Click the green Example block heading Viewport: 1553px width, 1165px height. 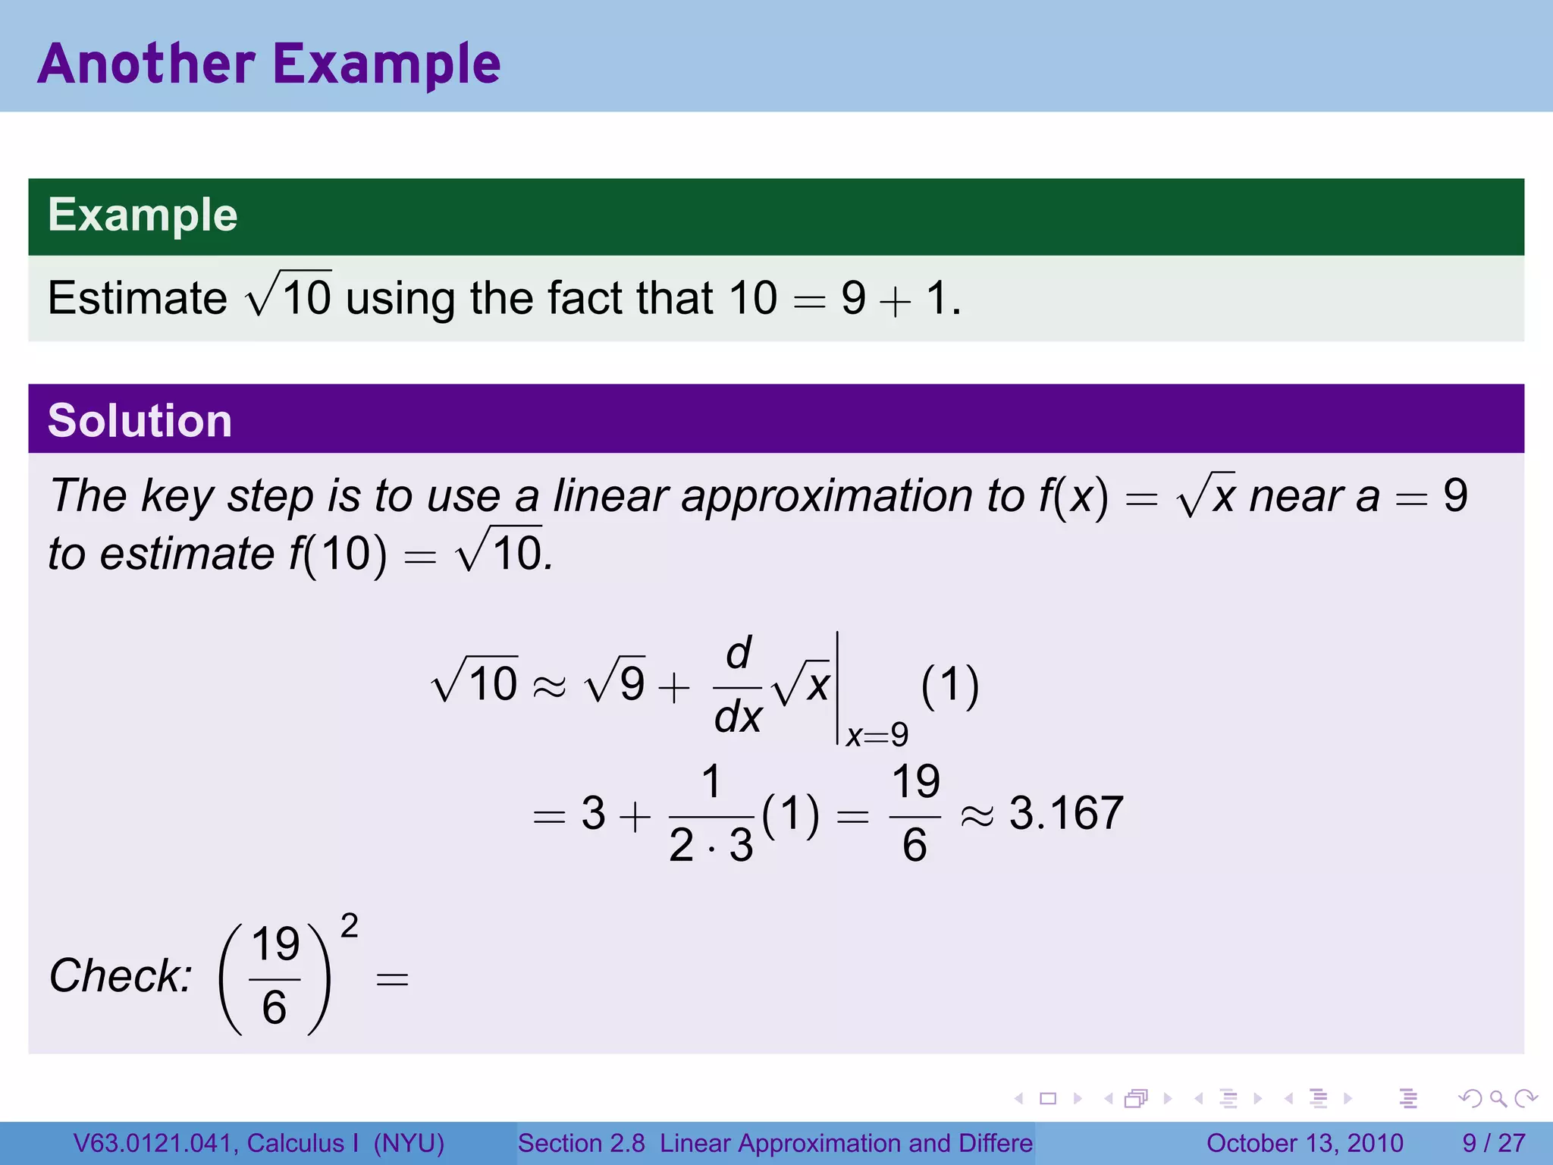pos(143,215)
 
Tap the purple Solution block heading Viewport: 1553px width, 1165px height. pos(140,421)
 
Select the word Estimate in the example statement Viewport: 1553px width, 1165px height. pos(137,297)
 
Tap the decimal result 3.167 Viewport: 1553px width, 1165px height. pos(1066,814)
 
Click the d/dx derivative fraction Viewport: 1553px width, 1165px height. pos(737,686)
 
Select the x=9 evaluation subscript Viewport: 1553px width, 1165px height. pos(877,735)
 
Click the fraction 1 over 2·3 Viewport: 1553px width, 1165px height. pos(711,815)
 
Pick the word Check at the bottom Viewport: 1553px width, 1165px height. pos(120,975)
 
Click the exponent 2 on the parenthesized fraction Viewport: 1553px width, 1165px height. pos(349,926)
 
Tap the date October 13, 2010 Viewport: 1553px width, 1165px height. pos(1304,1143)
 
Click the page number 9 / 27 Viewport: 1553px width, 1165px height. pos(1493,1143)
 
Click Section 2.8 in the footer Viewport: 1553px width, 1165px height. pos(581,1143)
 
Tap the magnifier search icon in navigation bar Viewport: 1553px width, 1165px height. pos(1498,1098)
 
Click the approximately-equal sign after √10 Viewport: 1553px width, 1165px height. pos(549,687)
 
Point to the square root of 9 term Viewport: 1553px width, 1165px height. pos(615,681)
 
